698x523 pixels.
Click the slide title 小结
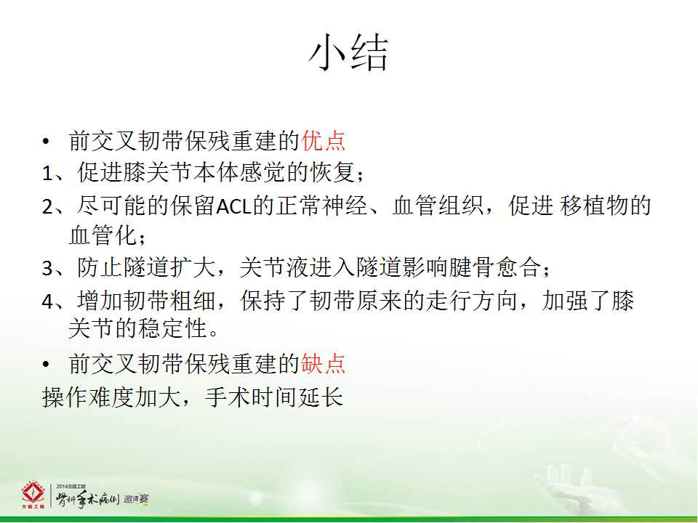pyautogui.click(x=348, y=53)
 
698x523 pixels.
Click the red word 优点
pyautogui.click(x=324, y=140)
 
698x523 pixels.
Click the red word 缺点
pyautogui.click(x=324, y=363)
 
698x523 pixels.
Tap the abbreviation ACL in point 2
pyautogui.click(x=233, y=206)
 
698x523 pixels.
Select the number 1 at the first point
pyautogui.click(x=48, y=174)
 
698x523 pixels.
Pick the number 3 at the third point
pyautogui.click(x=48, y=268)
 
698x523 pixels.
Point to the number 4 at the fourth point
pyautogui.click(x=48, y=301)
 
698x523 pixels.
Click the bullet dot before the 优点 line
pyautogui.click(x=47, y=142)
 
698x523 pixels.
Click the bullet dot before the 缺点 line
pyautogui.click(x=47, y=365)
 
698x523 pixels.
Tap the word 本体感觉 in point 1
pyautogui.click(x=240, y=172)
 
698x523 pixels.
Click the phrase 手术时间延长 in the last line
pyautogui.click(x=274, y=397)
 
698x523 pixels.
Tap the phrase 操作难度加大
pyautogui.click(x=111, y=397)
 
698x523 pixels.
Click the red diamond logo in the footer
pyautogui.click(x=33, y=494)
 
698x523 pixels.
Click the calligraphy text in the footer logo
pyautogui.click(x=87, y=499)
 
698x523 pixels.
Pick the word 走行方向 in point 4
pyautogui.click(x=471, y=300)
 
